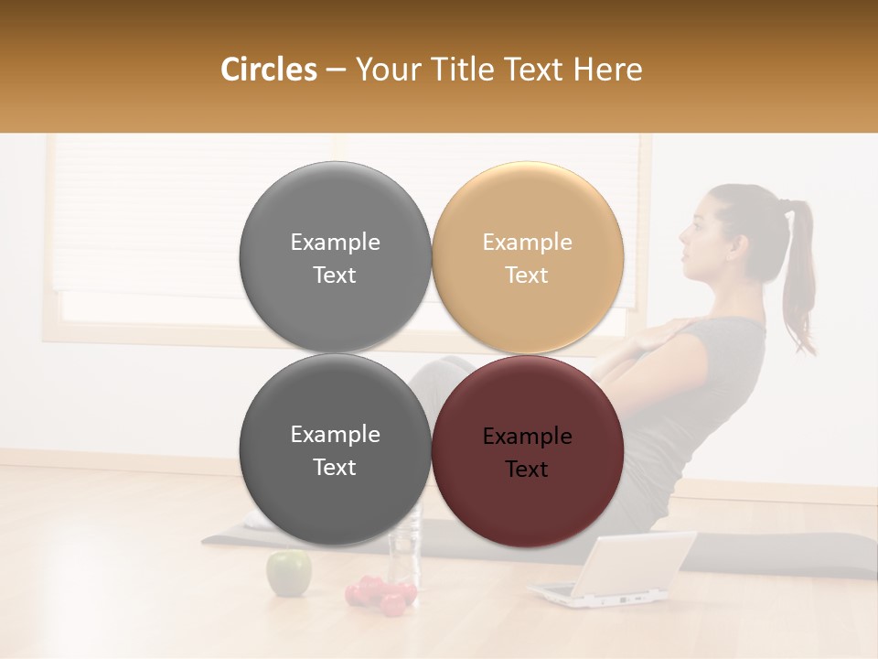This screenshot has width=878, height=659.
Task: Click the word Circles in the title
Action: [x=268, y=70]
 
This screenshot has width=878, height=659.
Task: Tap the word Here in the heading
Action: [x=608, y=70]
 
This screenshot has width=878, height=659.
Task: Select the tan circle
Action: [x=528, y=257]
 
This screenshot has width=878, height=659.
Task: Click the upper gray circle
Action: [x=335, y=257]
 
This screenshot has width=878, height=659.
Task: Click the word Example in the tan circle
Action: [x=528, y=243]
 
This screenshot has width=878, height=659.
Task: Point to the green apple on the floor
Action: [x=288, y=572]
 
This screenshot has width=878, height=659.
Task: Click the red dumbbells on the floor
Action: [x=380, y=595]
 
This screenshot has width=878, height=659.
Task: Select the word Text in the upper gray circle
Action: [x=335, y=275]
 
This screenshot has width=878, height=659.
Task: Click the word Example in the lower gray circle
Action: [x=335, y=435]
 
